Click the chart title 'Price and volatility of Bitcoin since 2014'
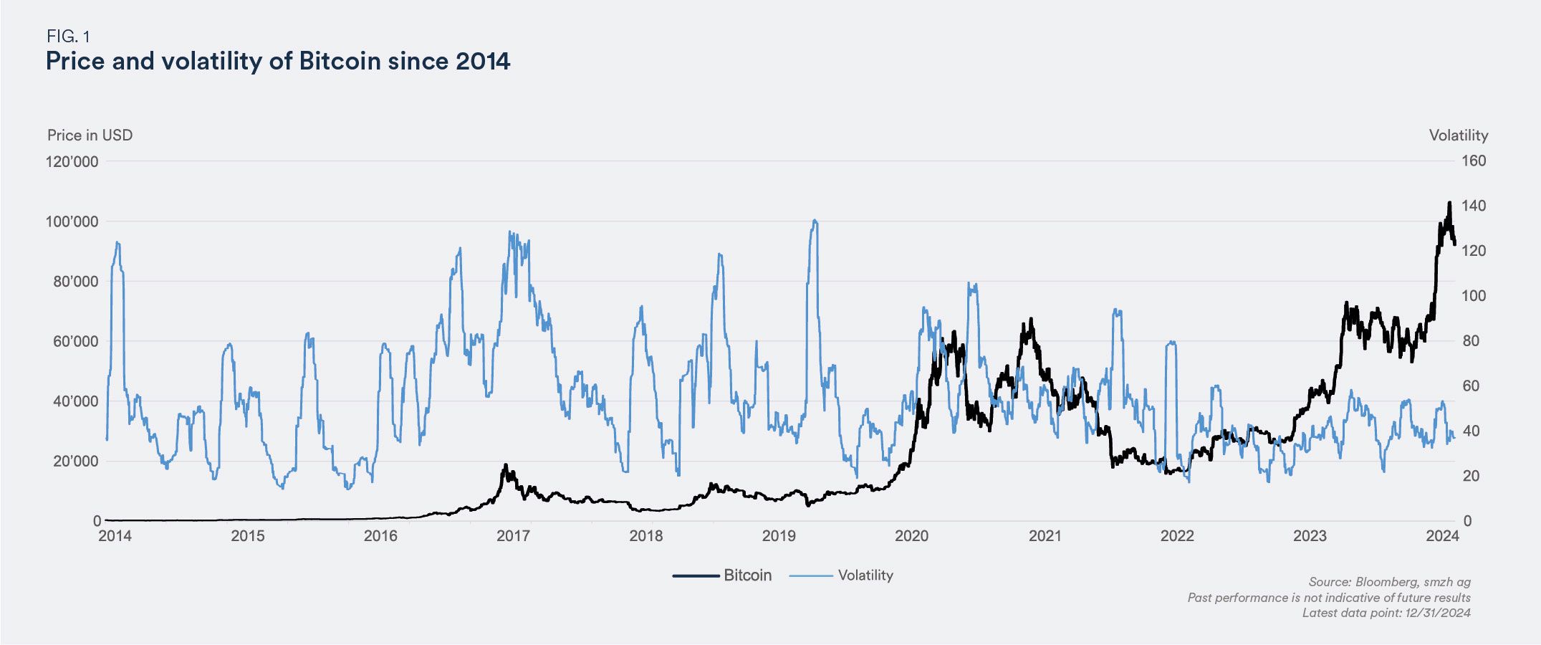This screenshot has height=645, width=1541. [x=278, y=61]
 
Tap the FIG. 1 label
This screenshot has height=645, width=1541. [x=68, y=36]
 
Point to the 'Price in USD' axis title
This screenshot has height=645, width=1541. [x=90, y=135]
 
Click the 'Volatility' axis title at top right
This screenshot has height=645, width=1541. [x=1459, y=135]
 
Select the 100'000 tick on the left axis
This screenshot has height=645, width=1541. [x=72, y=221]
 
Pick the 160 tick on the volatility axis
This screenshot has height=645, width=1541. [x=1474, y=161]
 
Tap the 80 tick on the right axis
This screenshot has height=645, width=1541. [x=1470, y=341]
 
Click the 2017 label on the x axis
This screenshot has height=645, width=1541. [x=513, y=536]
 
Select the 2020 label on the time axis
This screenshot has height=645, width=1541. [x=912, y=536]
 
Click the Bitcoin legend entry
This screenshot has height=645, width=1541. [x=747, y=575]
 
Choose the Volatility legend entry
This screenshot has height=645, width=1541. [x=865, y=575]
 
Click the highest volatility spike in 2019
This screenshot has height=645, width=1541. [x=815, y=221]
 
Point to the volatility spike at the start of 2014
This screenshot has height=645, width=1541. [x=117, y=243]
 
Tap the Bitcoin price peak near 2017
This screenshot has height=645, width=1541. [x=505, y=465]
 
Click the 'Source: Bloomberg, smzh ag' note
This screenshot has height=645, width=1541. [x=1389, y=582]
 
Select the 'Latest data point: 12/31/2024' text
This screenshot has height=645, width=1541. [x=1386, y=613]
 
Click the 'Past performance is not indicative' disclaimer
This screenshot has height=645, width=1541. [x=1328, y=598]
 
